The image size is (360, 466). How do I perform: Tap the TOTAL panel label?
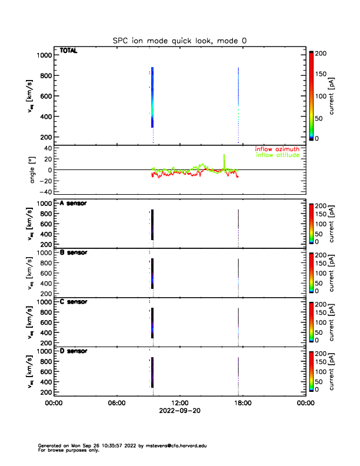point(68,51)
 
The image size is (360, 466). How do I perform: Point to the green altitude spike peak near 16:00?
point(224,155)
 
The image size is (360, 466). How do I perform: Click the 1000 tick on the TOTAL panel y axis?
point(44,55)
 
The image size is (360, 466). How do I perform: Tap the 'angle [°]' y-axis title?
point(34,169)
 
